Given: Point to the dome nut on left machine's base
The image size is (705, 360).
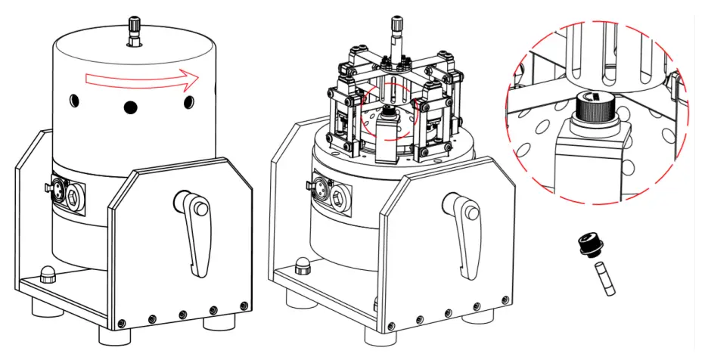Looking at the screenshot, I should coord(46,274).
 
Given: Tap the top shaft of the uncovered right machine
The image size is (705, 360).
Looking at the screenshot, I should coord(396,33).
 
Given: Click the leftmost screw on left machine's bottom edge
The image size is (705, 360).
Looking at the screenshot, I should coord(121,318).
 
